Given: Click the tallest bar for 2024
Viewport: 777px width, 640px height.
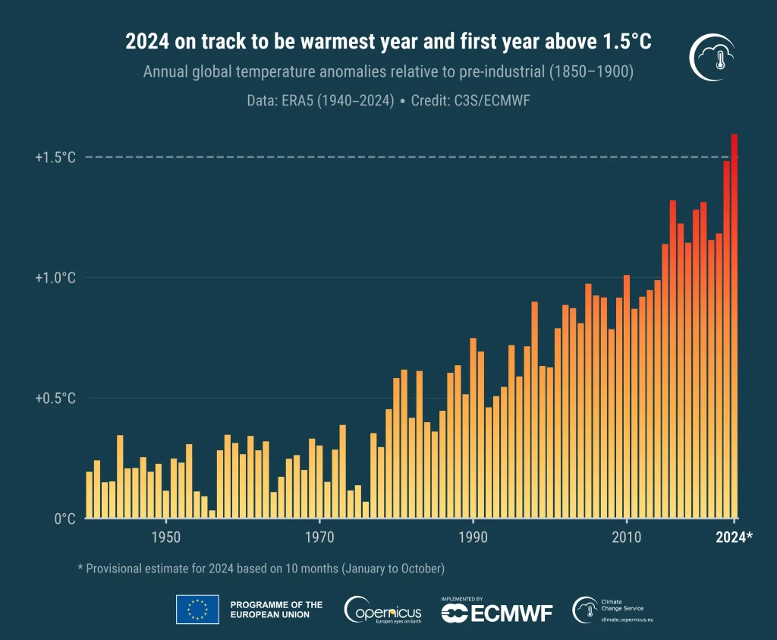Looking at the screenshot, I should click(735, 326).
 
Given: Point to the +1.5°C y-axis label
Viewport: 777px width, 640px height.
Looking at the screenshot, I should click(55, 157).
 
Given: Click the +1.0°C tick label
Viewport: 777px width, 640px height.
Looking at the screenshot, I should click(55, 278).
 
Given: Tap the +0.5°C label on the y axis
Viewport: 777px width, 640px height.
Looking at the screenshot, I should click(55, 399).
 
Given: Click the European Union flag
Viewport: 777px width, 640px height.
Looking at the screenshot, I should click(197, 610).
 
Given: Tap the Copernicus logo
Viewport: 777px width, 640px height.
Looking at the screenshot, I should click(383, 610).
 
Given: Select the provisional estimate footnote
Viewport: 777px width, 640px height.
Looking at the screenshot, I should click(260, 568).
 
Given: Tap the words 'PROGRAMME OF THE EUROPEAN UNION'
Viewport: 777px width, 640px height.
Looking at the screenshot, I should click(276, 610).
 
